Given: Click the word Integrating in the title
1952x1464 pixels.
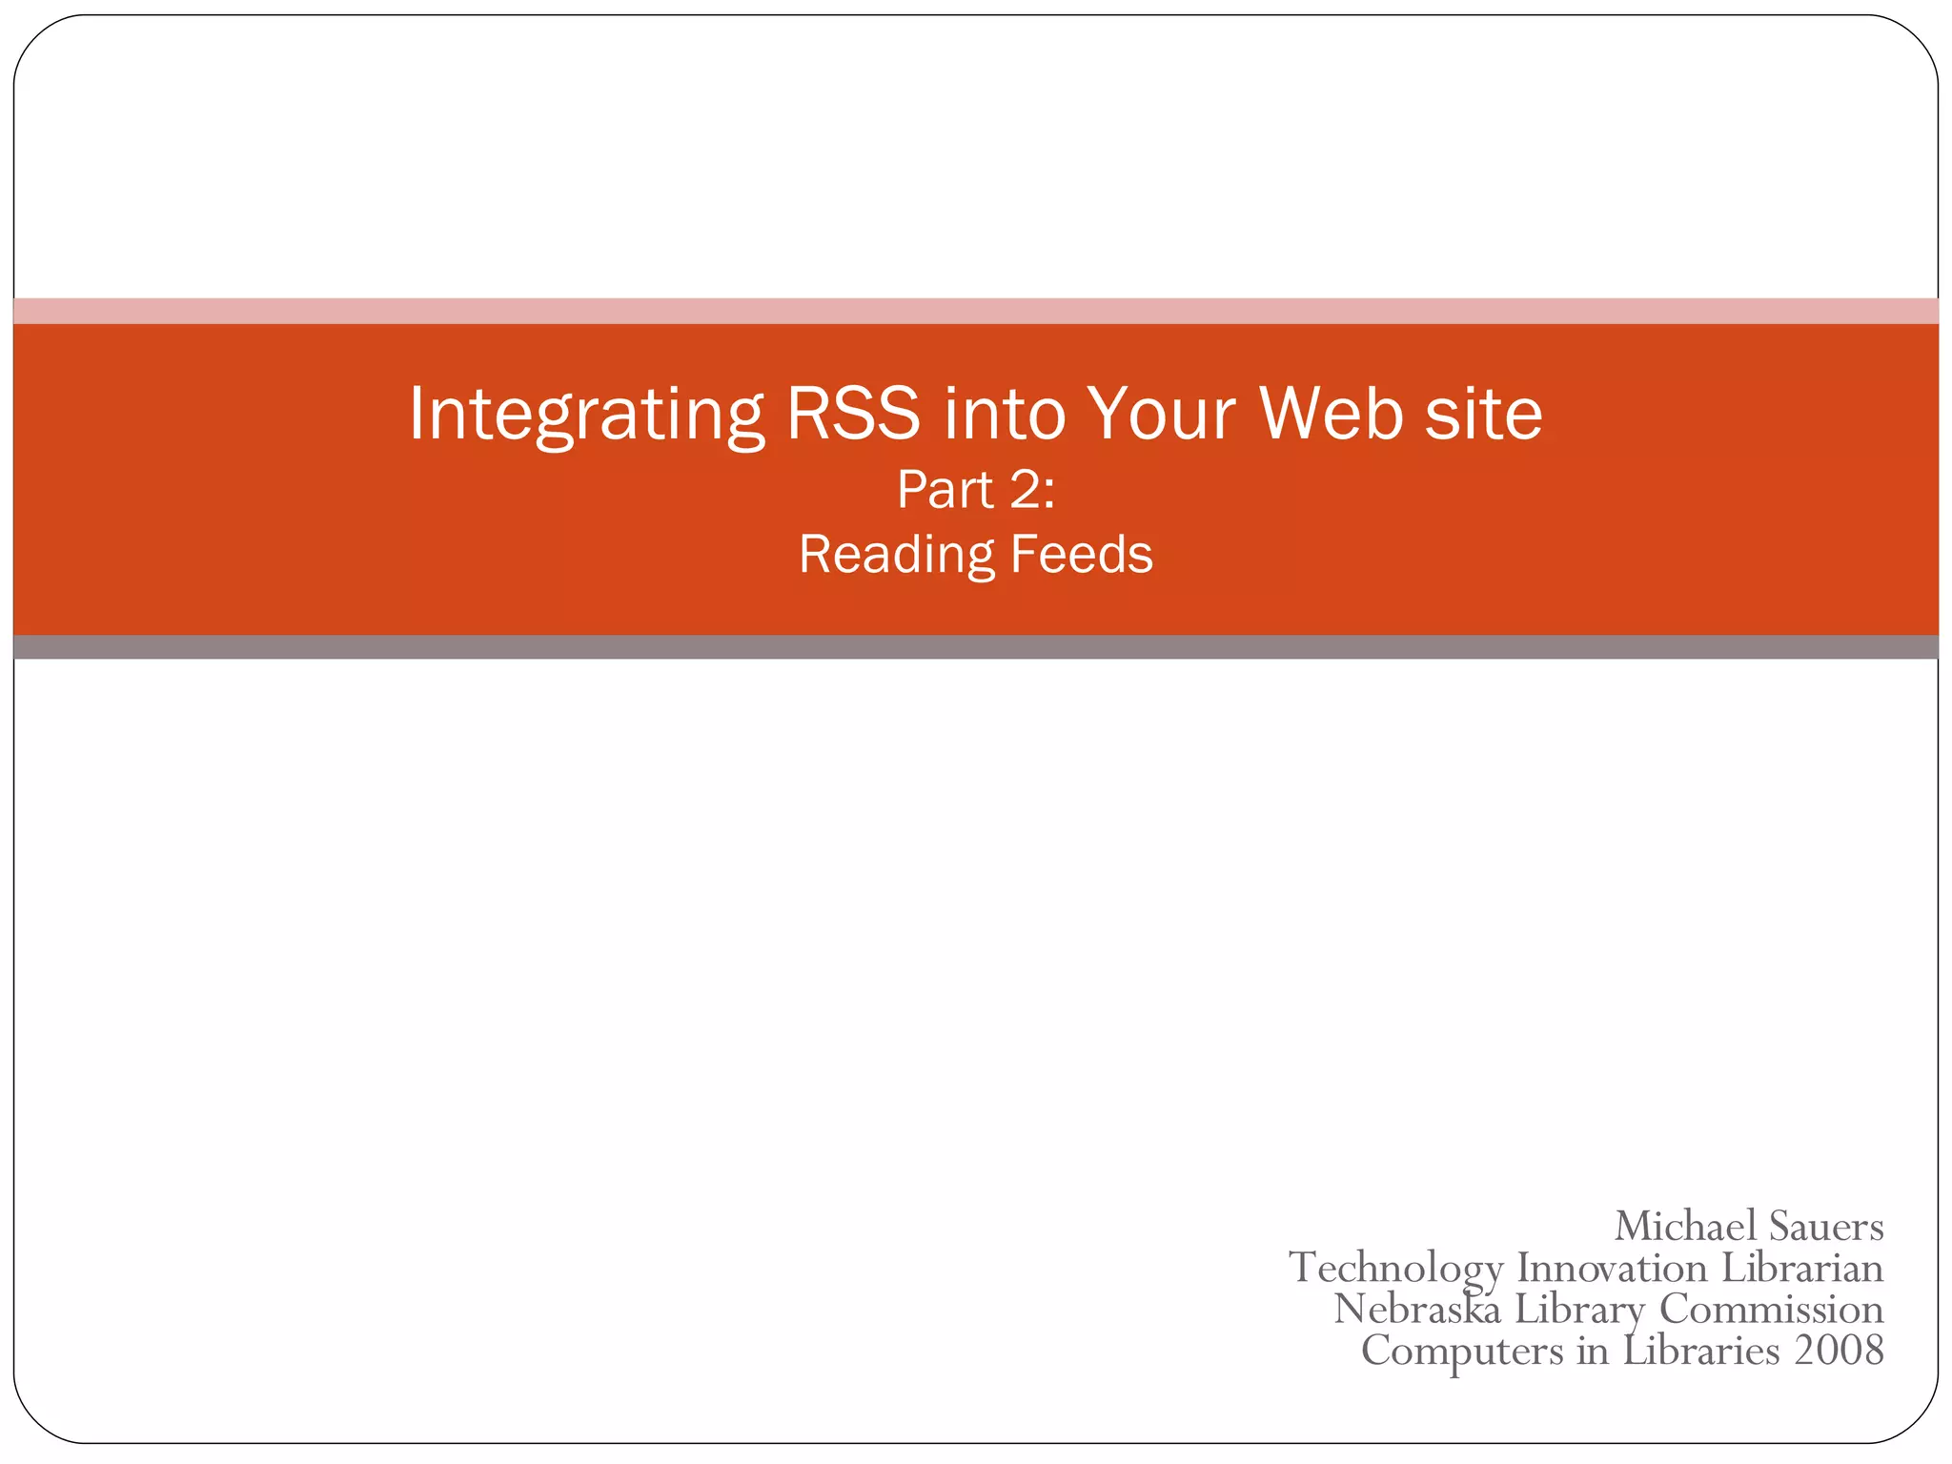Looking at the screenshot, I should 585,414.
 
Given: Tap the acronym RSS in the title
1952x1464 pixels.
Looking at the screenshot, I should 853,414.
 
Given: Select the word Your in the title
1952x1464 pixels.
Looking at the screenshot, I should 1161,414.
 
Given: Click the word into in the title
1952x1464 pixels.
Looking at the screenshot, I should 1004,414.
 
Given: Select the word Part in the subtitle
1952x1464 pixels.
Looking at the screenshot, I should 945,490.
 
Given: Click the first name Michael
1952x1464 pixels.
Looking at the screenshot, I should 1684,1226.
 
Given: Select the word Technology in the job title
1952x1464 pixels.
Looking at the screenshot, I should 1395,1268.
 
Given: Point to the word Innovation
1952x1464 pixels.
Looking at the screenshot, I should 1612,1268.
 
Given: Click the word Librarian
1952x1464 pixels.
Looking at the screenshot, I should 1802,1268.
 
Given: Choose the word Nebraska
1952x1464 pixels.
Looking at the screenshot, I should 1416,1309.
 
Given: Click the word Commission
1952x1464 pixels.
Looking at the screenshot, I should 1771,1309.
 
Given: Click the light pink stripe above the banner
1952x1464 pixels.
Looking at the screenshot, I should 976,311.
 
